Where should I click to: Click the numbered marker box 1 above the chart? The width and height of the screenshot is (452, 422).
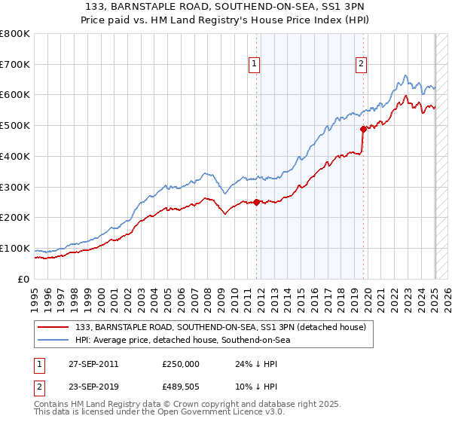[255, 65]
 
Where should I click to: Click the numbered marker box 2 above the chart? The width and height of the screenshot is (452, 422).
[362, 65]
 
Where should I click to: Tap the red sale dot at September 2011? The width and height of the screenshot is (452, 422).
[257, 202]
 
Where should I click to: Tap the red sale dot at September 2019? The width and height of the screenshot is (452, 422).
[363, 128]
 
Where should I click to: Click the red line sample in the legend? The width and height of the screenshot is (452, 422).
[53, 327]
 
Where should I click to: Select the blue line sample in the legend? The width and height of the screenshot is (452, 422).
[53, 340]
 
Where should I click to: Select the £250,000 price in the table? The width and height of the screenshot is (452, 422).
[181, 364]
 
